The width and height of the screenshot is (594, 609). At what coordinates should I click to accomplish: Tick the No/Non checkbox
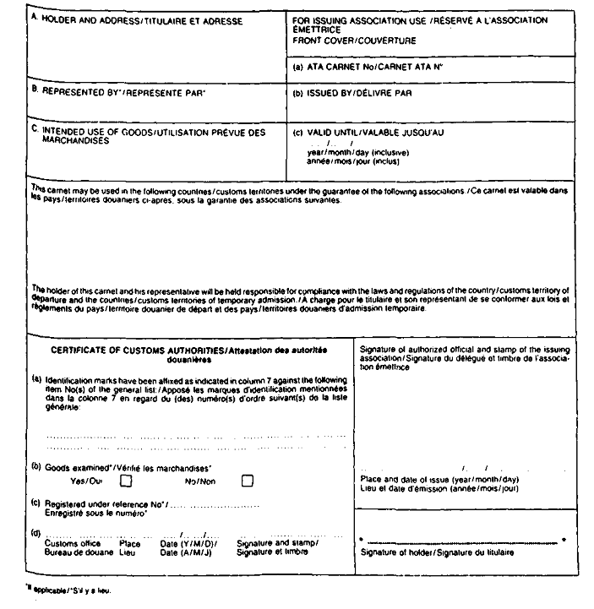click(x=248, y=481)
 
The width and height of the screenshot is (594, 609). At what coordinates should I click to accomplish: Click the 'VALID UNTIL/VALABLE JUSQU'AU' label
click(x=369, y=132)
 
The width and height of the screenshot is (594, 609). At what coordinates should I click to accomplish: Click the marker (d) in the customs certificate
click(x=35, y=531)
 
